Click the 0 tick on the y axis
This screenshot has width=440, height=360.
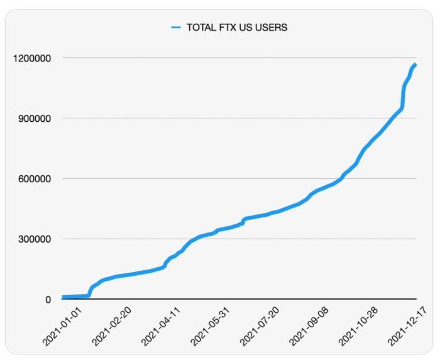pyautogui.click(x=47, y=300)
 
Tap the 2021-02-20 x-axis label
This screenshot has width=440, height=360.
pyautogui.click(x=111, y=327)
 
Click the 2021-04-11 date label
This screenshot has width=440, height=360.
pyautogui.click(x=162, y=327)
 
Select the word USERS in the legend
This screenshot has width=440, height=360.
pyautogui.click(x=271, y=28)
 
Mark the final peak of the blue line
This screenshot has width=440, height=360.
pyautogui.click(x=415, y=65)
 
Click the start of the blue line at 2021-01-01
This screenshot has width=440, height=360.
pyautogui.click(x=63, y=297)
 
